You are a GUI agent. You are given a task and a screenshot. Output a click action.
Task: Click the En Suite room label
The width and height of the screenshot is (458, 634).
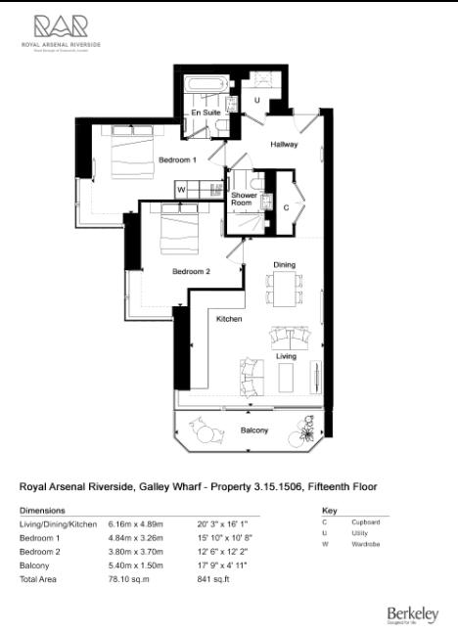tap(205, 113)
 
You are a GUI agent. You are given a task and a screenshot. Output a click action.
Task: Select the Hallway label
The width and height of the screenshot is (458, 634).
tap(285, 145)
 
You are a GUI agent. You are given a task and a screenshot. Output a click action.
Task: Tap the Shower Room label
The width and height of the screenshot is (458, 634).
tap(244, 200)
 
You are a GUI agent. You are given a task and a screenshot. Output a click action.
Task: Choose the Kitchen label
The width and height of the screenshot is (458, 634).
tap(229, 319)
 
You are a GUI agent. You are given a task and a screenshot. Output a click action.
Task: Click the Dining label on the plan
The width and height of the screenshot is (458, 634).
tap(284, 264)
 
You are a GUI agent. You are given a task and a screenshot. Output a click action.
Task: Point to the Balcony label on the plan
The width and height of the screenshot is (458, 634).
tap(253, 430)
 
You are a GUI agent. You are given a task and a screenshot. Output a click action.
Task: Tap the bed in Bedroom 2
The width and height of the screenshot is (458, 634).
tap(179, 231)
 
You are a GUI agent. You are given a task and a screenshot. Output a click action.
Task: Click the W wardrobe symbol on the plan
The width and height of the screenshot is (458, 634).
tap(181, 188)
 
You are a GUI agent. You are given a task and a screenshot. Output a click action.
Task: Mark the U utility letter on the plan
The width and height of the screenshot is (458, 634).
tap(256, 100)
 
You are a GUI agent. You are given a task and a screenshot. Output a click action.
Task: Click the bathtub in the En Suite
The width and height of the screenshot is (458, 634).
tap(206, 86)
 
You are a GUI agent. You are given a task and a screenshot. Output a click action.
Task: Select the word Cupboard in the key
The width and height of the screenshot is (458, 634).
tap(366, 522)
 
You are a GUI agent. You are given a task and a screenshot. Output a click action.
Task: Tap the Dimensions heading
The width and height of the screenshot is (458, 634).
tap(42, 510)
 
